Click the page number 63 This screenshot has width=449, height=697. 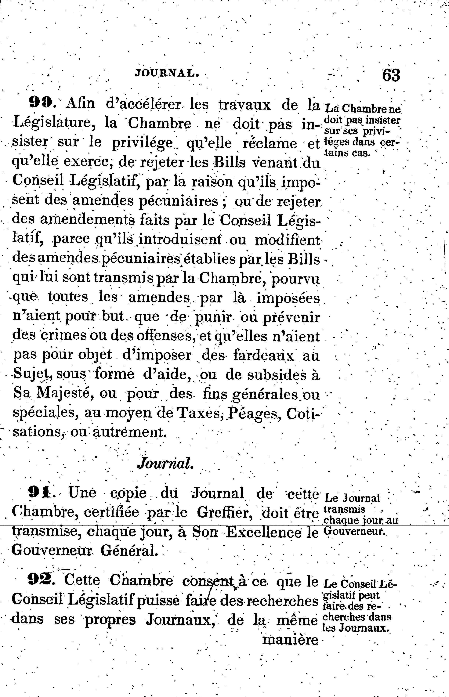tap(391, 75)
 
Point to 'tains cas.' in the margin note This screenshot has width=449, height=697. tap(347, 153)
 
